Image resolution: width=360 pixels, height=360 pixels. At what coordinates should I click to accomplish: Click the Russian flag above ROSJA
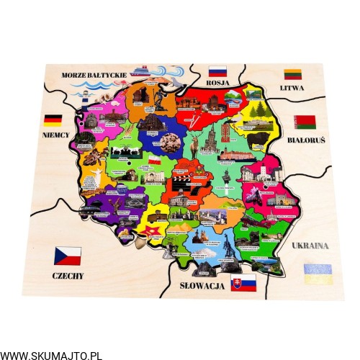217,72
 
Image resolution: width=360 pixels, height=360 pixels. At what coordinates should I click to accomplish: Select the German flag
53,120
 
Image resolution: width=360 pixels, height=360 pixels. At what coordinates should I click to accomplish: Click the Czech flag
68,256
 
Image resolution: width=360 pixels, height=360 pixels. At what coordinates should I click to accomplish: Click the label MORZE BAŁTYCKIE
94,74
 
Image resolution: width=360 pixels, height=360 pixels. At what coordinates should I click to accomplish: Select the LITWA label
292,88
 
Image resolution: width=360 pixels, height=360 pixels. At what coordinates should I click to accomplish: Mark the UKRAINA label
310,245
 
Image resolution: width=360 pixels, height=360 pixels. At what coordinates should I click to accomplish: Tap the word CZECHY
68,275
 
